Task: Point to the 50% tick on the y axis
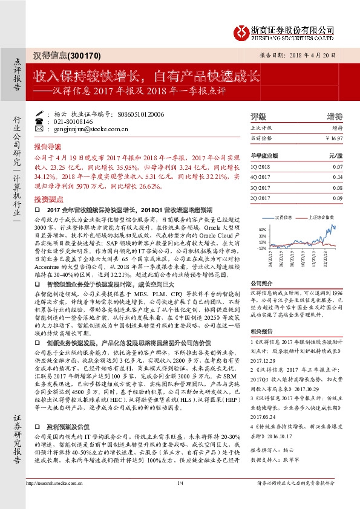pos(261,230)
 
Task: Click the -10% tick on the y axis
pos(260,248)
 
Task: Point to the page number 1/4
pos(180,500)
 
